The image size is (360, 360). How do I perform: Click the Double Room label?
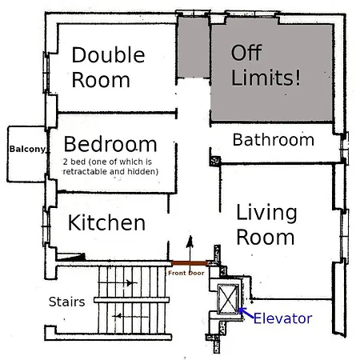pyautogui.click(x=108, y=67)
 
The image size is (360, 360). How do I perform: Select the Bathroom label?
pyautogui.click(x=273, y=140)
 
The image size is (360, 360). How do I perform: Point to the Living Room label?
pyautogui.click(x=266, y=225)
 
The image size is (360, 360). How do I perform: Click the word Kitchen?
pyautogui.click(x=106, y=222)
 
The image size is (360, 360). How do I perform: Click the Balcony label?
pyautogui.click(x=26, y=149)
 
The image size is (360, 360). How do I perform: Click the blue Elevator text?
pyautogui.click(x=282, y=318)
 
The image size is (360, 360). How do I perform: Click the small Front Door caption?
pyautogui.click(x=186, y=273)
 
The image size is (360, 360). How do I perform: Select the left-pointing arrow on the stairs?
pyautogui.click(x=120, y=316)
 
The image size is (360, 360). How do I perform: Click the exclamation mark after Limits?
pyautogui.click(x=298, y=78)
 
